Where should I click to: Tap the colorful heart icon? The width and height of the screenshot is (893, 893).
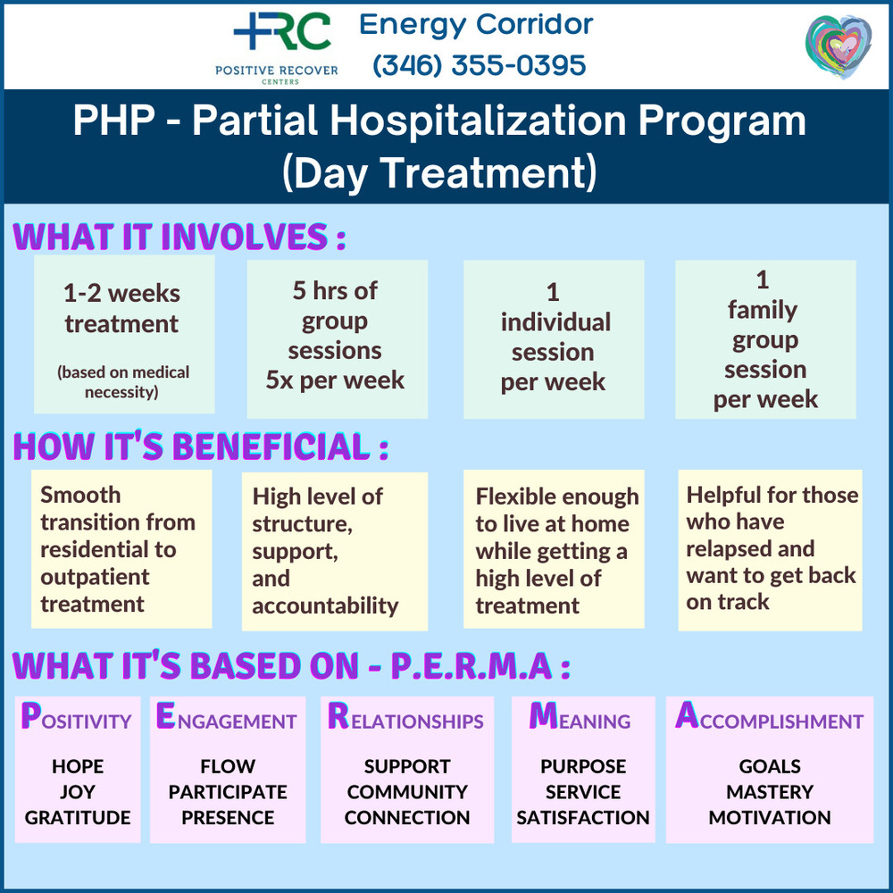click(839, 46)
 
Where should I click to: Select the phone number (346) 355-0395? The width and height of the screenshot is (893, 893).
click(479, 65)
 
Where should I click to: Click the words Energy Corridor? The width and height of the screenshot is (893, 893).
click(476, 24)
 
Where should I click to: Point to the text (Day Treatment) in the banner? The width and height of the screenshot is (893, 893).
click(439, 172)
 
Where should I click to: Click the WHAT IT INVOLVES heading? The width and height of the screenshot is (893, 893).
click(179, 237)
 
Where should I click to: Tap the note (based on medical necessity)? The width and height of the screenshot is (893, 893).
click(123, 382)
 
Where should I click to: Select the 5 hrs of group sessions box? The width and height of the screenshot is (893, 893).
click(338, 338)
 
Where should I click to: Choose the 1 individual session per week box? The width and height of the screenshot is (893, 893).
click(554, 338)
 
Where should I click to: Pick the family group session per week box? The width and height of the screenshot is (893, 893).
click(765, 338)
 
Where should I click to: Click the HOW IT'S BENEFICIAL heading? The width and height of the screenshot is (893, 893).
click(200, 446)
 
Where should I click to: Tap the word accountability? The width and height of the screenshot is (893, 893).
click(325, 605)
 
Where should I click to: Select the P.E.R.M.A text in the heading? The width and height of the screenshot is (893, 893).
click(471, 665)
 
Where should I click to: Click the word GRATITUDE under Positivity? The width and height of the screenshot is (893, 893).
click(78, 817)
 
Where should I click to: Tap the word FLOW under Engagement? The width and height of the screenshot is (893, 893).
click(228, 766)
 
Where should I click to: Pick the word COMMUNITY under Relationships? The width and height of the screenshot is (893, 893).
click(407, 791)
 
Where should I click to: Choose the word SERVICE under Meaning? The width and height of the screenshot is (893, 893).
click(583, 791)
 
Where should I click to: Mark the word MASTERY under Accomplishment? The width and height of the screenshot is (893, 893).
click(770, 791)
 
